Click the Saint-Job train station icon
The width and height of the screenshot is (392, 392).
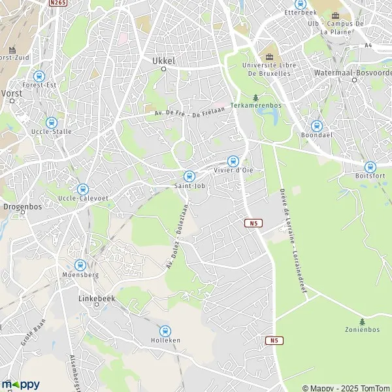pos(189,176)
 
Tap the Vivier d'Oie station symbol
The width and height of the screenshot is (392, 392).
pos(233,161)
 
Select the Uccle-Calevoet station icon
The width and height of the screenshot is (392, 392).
pos(83,189)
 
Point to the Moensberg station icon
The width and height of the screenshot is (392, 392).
pos(80,265)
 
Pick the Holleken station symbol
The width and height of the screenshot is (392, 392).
pos(165,331)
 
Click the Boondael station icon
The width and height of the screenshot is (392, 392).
pos(317,126)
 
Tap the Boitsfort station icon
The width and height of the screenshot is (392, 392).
pos(370,167)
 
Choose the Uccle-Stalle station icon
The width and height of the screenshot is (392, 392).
pos(51,122)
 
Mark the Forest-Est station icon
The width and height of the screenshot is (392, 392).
pos(39,76)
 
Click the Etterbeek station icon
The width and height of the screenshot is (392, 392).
pos(300,3)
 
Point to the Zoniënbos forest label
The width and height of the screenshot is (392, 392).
pos(362,329)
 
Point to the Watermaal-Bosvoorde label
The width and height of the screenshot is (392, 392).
pos(356,72)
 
